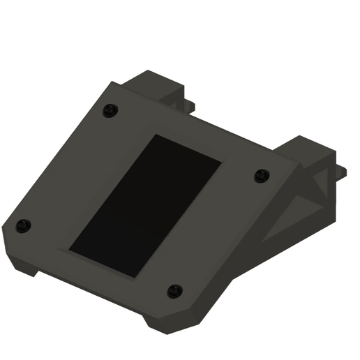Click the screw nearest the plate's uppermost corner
point(110,110)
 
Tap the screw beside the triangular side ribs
point(261,174)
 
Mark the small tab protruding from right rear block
point(343,170)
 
